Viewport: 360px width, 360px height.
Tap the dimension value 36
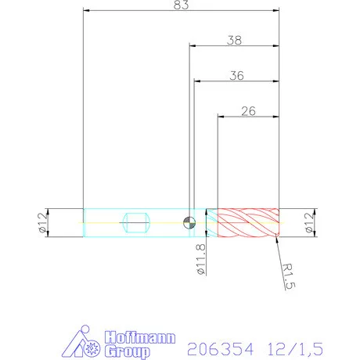pyautogui.click(x=237, y=75)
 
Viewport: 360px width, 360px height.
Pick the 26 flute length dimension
pyautogui.click(x=248, y=111)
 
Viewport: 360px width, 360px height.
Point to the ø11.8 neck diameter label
pyautogui.click(x=200, y=258)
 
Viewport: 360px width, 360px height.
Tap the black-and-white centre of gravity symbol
pyautogui.click(x=189, y=222)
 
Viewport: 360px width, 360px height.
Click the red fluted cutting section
pyautogui.click(x=247, y=223)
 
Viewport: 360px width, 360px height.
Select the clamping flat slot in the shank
pyautogui.click(x=137, y=222)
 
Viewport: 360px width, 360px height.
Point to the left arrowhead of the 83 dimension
pyautogui.click(x=87, y=12)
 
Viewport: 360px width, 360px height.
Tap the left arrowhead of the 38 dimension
pyautogui.click(x=193, y=45)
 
